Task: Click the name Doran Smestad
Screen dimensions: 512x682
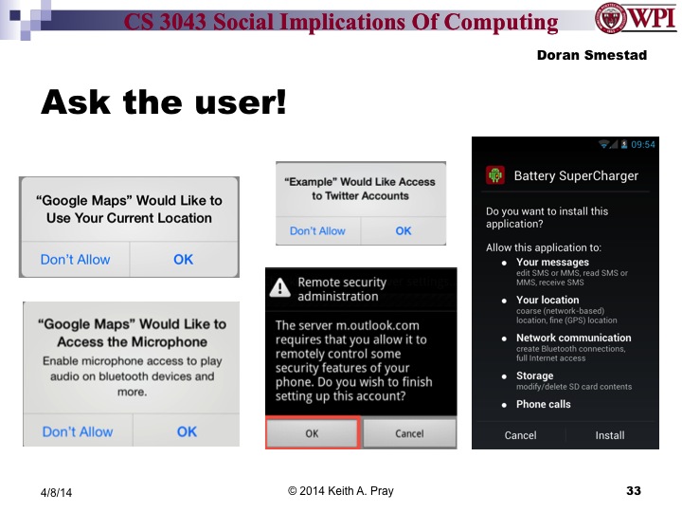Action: coord(591,55)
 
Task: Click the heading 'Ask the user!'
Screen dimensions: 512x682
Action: coord(163,101)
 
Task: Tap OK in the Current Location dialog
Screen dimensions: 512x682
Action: coord(183,259)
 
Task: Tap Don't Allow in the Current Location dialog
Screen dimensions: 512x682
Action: coord(75,259)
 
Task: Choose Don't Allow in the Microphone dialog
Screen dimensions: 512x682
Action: coord(78,431)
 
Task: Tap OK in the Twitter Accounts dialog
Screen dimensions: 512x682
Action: coord(404,230)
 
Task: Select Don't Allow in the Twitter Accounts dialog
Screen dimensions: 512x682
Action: coord(317,230)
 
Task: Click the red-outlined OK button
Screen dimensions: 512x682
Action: coord(312,433)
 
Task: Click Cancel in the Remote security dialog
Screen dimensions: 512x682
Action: coord(409,433)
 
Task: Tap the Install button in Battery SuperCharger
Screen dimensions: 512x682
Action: coord(609,435)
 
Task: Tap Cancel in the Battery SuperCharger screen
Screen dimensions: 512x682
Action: coord(520,435)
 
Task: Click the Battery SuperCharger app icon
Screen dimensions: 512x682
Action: coord(494,175)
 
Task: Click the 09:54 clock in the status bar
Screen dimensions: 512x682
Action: coord(643,144)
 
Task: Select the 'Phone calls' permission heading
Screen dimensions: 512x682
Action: coord(543,404)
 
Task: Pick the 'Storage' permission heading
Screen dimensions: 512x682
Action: coord(534,375)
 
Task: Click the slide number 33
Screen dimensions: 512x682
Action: coord(634,490)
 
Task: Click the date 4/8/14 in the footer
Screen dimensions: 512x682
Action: coord(56,492)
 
